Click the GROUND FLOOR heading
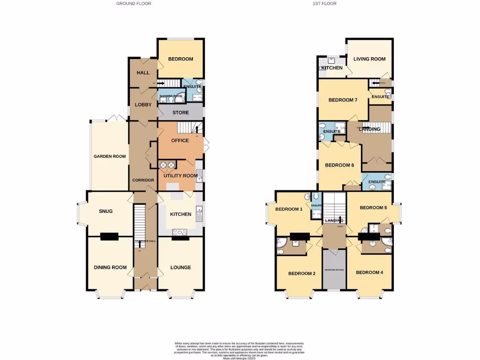tap(134, 3)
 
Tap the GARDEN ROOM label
tap(110, 157)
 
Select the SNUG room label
tap(106, 211)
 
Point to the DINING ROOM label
tap(111, 268)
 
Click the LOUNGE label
tap(180, 268)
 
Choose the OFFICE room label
tap(180, 141)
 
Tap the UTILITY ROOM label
tap(180, 176)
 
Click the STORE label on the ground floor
tap(180, 112)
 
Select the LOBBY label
tap(143, 105)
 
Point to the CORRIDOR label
tap(143, 180)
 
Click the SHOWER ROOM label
tap(171, 96)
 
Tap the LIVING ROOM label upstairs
tap(369, 59)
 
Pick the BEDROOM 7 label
tap(343, 100)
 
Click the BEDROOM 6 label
tap(339, 165)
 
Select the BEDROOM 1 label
tap(289, 210)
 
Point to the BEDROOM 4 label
tap(370, 272)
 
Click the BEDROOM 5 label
tap(373, 208)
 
